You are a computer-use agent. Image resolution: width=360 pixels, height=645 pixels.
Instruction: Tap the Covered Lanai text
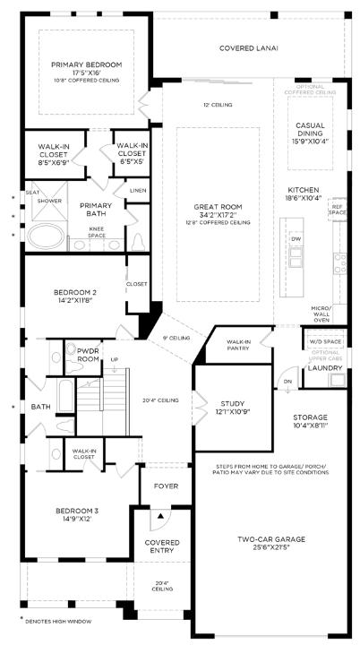248,47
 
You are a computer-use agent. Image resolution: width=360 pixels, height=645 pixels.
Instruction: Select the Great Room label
219,211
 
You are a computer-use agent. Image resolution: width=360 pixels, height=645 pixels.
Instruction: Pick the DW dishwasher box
296,240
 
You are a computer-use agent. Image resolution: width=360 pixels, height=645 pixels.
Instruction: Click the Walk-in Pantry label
238,345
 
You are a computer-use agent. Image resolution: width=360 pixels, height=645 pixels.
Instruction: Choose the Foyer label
167,486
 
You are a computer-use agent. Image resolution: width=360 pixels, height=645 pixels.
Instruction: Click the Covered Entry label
162,546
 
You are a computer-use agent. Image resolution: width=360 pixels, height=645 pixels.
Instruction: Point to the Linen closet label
137,190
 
